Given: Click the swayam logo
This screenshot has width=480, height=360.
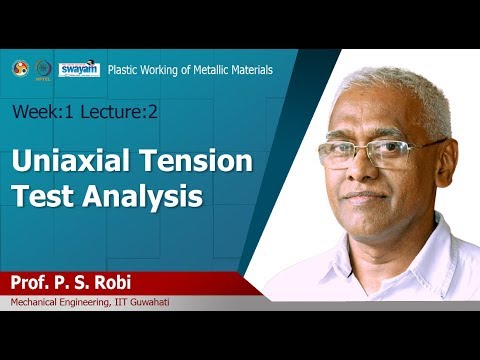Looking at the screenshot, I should (x=79, y=68).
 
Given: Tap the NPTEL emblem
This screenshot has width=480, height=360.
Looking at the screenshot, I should (x=43, y=69).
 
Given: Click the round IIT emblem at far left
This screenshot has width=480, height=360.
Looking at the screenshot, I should (x=20, y=68).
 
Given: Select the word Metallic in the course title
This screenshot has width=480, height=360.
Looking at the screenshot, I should (x=206, y=71).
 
